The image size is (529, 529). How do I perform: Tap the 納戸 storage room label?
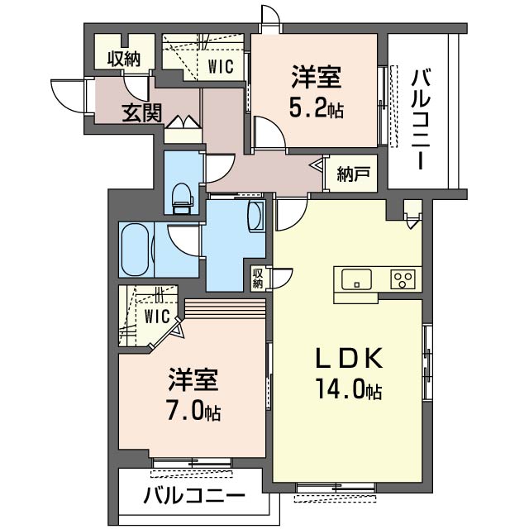point(353,174)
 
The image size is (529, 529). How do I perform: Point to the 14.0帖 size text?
point(348,388)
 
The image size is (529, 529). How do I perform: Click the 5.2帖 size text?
point(317,109)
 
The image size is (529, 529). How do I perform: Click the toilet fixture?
point(182,195)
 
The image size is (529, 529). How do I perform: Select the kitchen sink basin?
point(355,279)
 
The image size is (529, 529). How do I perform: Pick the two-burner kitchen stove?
point(403,279)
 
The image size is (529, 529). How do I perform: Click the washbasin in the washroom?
point(255,217)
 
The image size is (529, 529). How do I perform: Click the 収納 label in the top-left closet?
point(122,59)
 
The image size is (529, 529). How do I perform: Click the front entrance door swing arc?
point(68,95)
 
